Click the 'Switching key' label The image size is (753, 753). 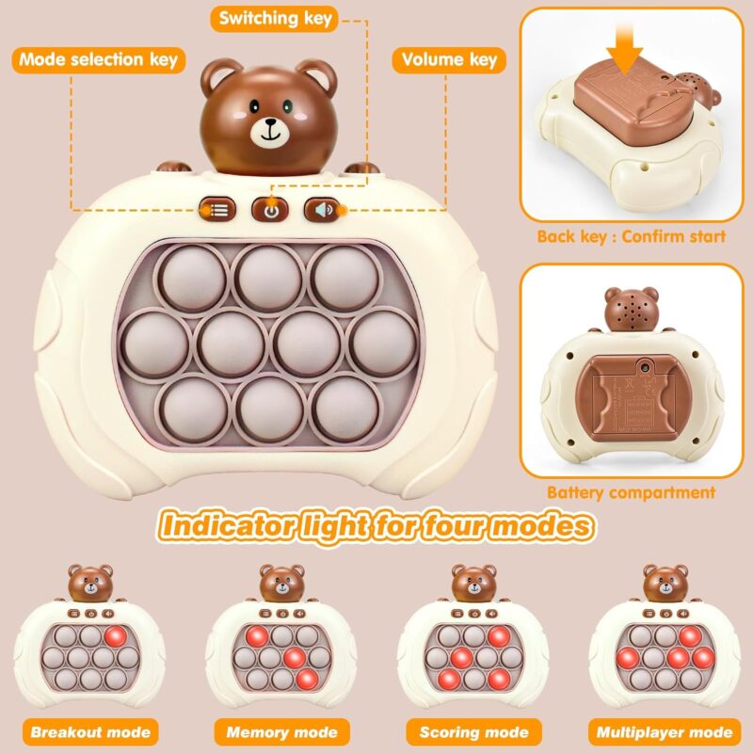[275, 19]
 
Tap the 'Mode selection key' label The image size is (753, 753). [99, 60]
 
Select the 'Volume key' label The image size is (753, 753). [449, 60]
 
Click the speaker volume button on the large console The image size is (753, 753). [322, 210]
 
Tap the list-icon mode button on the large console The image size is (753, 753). [217, 210]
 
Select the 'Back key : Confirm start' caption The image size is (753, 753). [631, 237]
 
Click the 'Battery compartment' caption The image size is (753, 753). [631, 492]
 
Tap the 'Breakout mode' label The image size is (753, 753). [90, 732]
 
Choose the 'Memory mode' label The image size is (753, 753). [281, 732]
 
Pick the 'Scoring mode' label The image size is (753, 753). [474, 732]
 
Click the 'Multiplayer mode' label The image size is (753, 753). [665, 732]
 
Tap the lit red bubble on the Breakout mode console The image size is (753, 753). [115, 636]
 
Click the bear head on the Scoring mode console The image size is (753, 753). [474, 583]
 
